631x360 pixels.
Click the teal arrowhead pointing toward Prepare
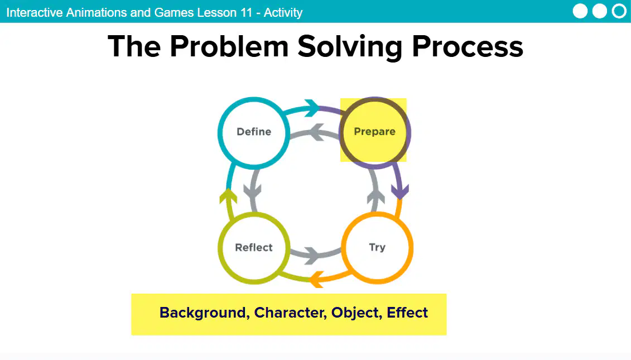tap(312, 108)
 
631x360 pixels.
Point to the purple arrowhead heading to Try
tap(400, 191)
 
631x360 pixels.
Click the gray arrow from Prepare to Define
tap(315, 133)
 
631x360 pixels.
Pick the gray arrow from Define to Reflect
tap(253, 189)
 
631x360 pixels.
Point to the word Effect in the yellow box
tap(407, 313)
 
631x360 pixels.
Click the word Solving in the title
tap(350, 47)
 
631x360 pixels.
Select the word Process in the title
tap(467, 47)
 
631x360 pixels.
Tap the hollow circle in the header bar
tap(619, 11)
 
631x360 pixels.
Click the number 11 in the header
tap(246, 12)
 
